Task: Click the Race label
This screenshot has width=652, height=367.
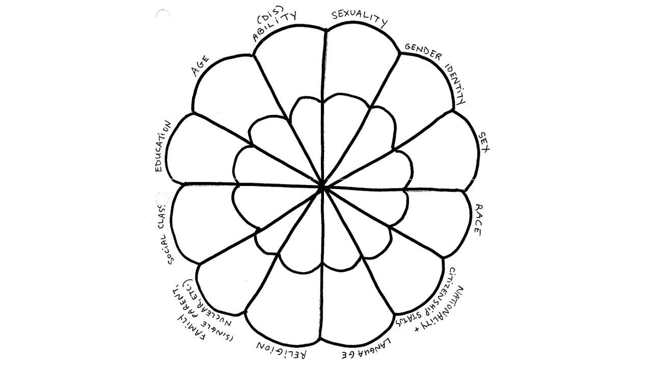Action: click(x=478, y=219)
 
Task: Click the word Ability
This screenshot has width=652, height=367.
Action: click(x=274, y=29)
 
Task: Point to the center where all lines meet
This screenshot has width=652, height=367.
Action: click(x=322, y=187)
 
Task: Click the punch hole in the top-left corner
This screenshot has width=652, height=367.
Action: click(x=162, y=15)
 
